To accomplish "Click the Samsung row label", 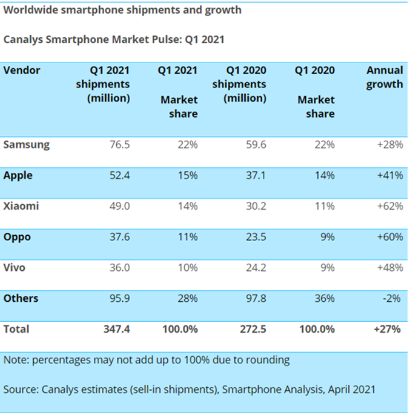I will pos(26,145).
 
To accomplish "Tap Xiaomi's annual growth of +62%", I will pos(390,206).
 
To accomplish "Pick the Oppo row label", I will pos(17,237).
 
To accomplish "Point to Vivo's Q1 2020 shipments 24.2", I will pos(255,267).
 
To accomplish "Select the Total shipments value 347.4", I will pos(116,329).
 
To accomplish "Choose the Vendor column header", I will pos(22,71).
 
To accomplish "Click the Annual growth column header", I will pos(385,77).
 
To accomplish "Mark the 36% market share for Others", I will pos(324,298).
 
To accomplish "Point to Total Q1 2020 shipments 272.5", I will pos(253,329).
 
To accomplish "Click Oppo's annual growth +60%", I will pos(390,237).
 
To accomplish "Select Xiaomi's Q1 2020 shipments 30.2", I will pos(255,206).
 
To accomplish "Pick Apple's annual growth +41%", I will pos(390,176).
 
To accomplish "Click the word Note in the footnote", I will pos(15,360).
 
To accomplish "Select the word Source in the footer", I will pos(21,389).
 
